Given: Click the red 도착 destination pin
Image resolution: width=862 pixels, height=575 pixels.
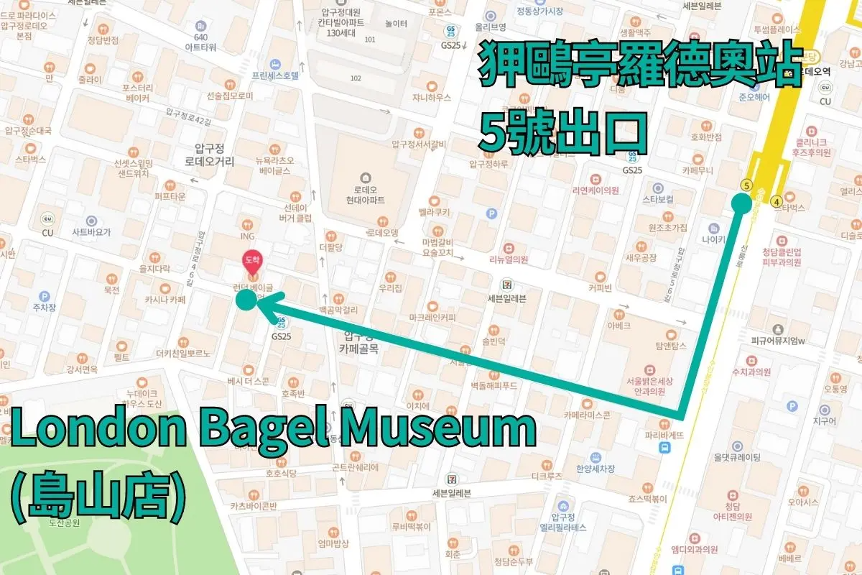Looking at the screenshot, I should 252,259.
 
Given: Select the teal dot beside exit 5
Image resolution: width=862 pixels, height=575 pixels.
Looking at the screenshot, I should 741,203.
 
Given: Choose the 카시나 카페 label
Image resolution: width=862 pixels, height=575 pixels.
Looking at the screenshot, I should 165,299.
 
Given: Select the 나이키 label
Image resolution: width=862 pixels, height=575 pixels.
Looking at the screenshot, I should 714,238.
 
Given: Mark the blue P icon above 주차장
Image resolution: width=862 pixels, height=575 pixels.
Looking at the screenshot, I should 45,296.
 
